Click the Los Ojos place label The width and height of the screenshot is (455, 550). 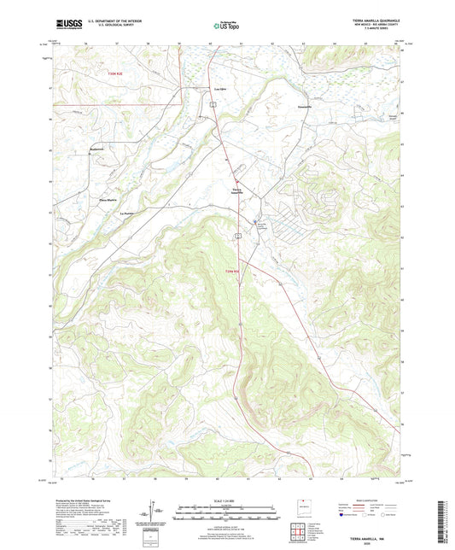tap(219, 89)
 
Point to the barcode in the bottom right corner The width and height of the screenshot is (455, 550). tap(442, 521)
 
